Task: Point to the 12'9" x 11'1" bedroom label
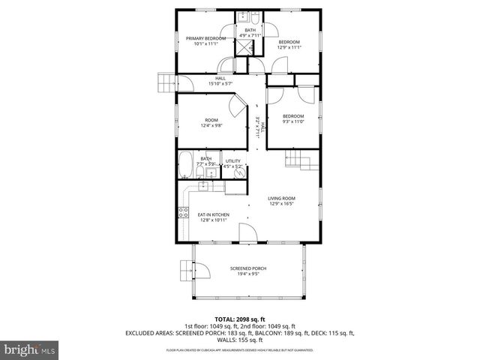[x=290, y=44]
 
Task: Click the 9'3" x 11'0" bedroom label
[x=293, y=118]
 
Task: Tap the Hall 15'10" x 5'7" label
[x=220, y=80]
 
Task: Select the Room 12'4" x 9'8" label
[x=211, y=123]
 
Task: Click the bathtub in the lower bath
[x=186, y=165]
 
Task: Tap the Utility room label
[x=233, y=163]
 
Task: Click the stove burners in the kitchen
[x=182, y=212]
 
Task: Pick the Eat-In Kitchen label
[x=214, y=217]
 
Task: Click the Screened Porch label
[x=248, y=271]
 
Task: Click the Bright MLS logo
[x=30, y=349]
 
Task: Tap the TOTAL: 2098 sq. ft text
[x=240, y=319]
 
